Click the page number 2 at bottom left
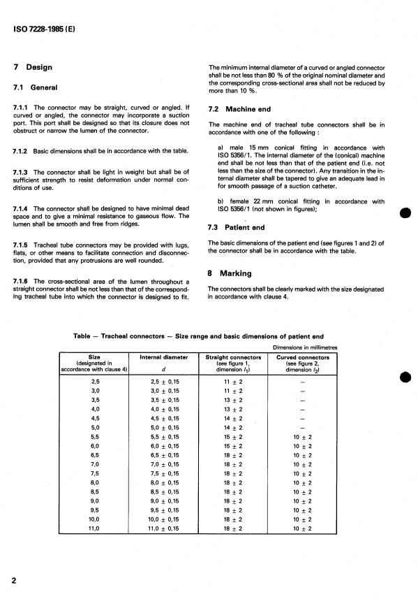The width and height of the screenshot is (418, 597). tap(14, 580)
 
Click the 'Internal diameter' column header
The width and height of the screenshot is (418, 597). tap(165, 357)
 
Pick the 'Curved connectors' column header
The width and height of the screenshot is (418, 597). tap(302, 357)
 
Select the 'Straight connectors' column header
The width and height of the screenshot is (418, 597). tap(232, 357)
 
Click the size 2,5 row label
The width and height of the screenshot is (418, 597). tap(96, 382)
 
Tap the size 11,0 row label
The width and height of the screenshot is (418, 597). tap(96, 529)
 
